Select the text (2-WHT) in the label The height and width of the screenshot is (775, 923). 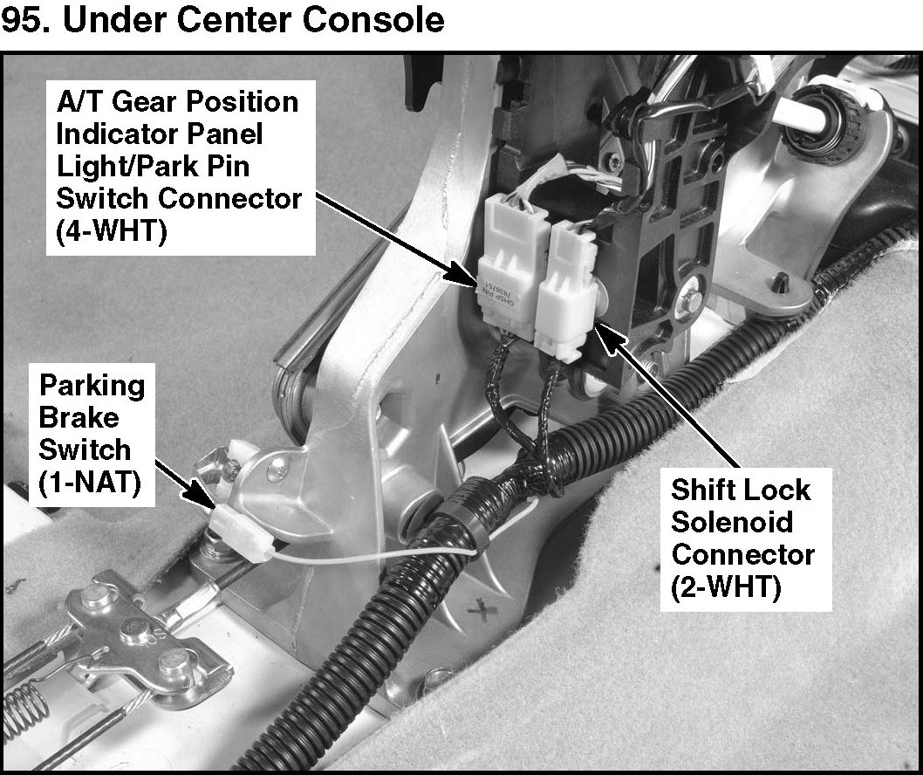pos(727,587)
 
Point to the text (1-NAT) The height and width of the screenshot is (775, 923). pos(85,483)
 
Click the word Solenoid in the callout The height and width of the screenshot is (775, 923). pos(733,522)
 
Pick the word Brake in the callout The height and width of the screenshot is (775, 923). pos(79,417)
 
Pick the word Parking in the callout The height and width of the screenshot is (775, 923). pos(92,385)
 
